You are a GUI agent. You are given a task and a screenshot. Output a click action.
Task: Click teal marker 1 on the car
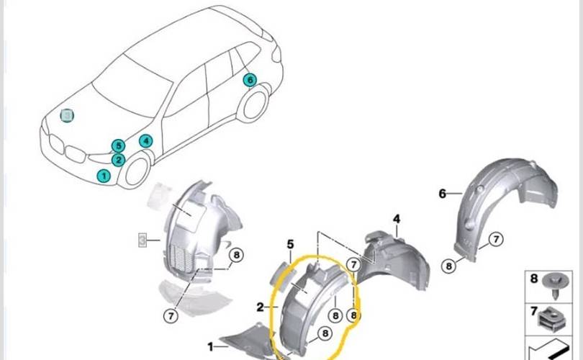coord(104,175)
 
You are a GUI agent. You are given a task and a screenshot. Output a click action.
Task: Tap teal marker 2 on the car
coord(119,161)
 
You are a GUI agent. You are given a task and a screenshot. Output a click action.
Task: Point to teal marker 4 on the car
coord(146,141)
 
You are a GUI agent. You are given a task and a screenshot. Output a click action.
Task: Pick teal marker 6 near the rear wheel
coord(250,80)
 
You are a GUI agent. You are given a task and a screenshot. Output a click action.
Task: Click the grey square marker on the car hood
coord(67,115)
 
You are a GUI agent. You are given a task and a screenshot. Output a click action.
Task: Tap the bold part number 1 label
coord(211,346)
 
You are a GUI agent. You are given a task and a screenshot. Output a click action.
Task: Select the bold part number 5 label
coord(291,245)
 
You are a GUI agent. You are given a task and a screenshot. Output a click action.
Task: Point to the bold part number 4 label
coord(397,219)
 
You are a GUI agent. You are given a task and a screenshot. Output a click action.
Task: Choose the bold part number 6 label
coord(443,193)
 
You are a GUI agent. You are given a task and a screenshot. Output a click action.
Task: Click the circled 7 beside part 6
coord(497,240)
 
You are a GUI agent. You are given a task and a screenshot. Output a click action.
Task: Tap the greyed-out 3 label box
coord(143,239)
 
